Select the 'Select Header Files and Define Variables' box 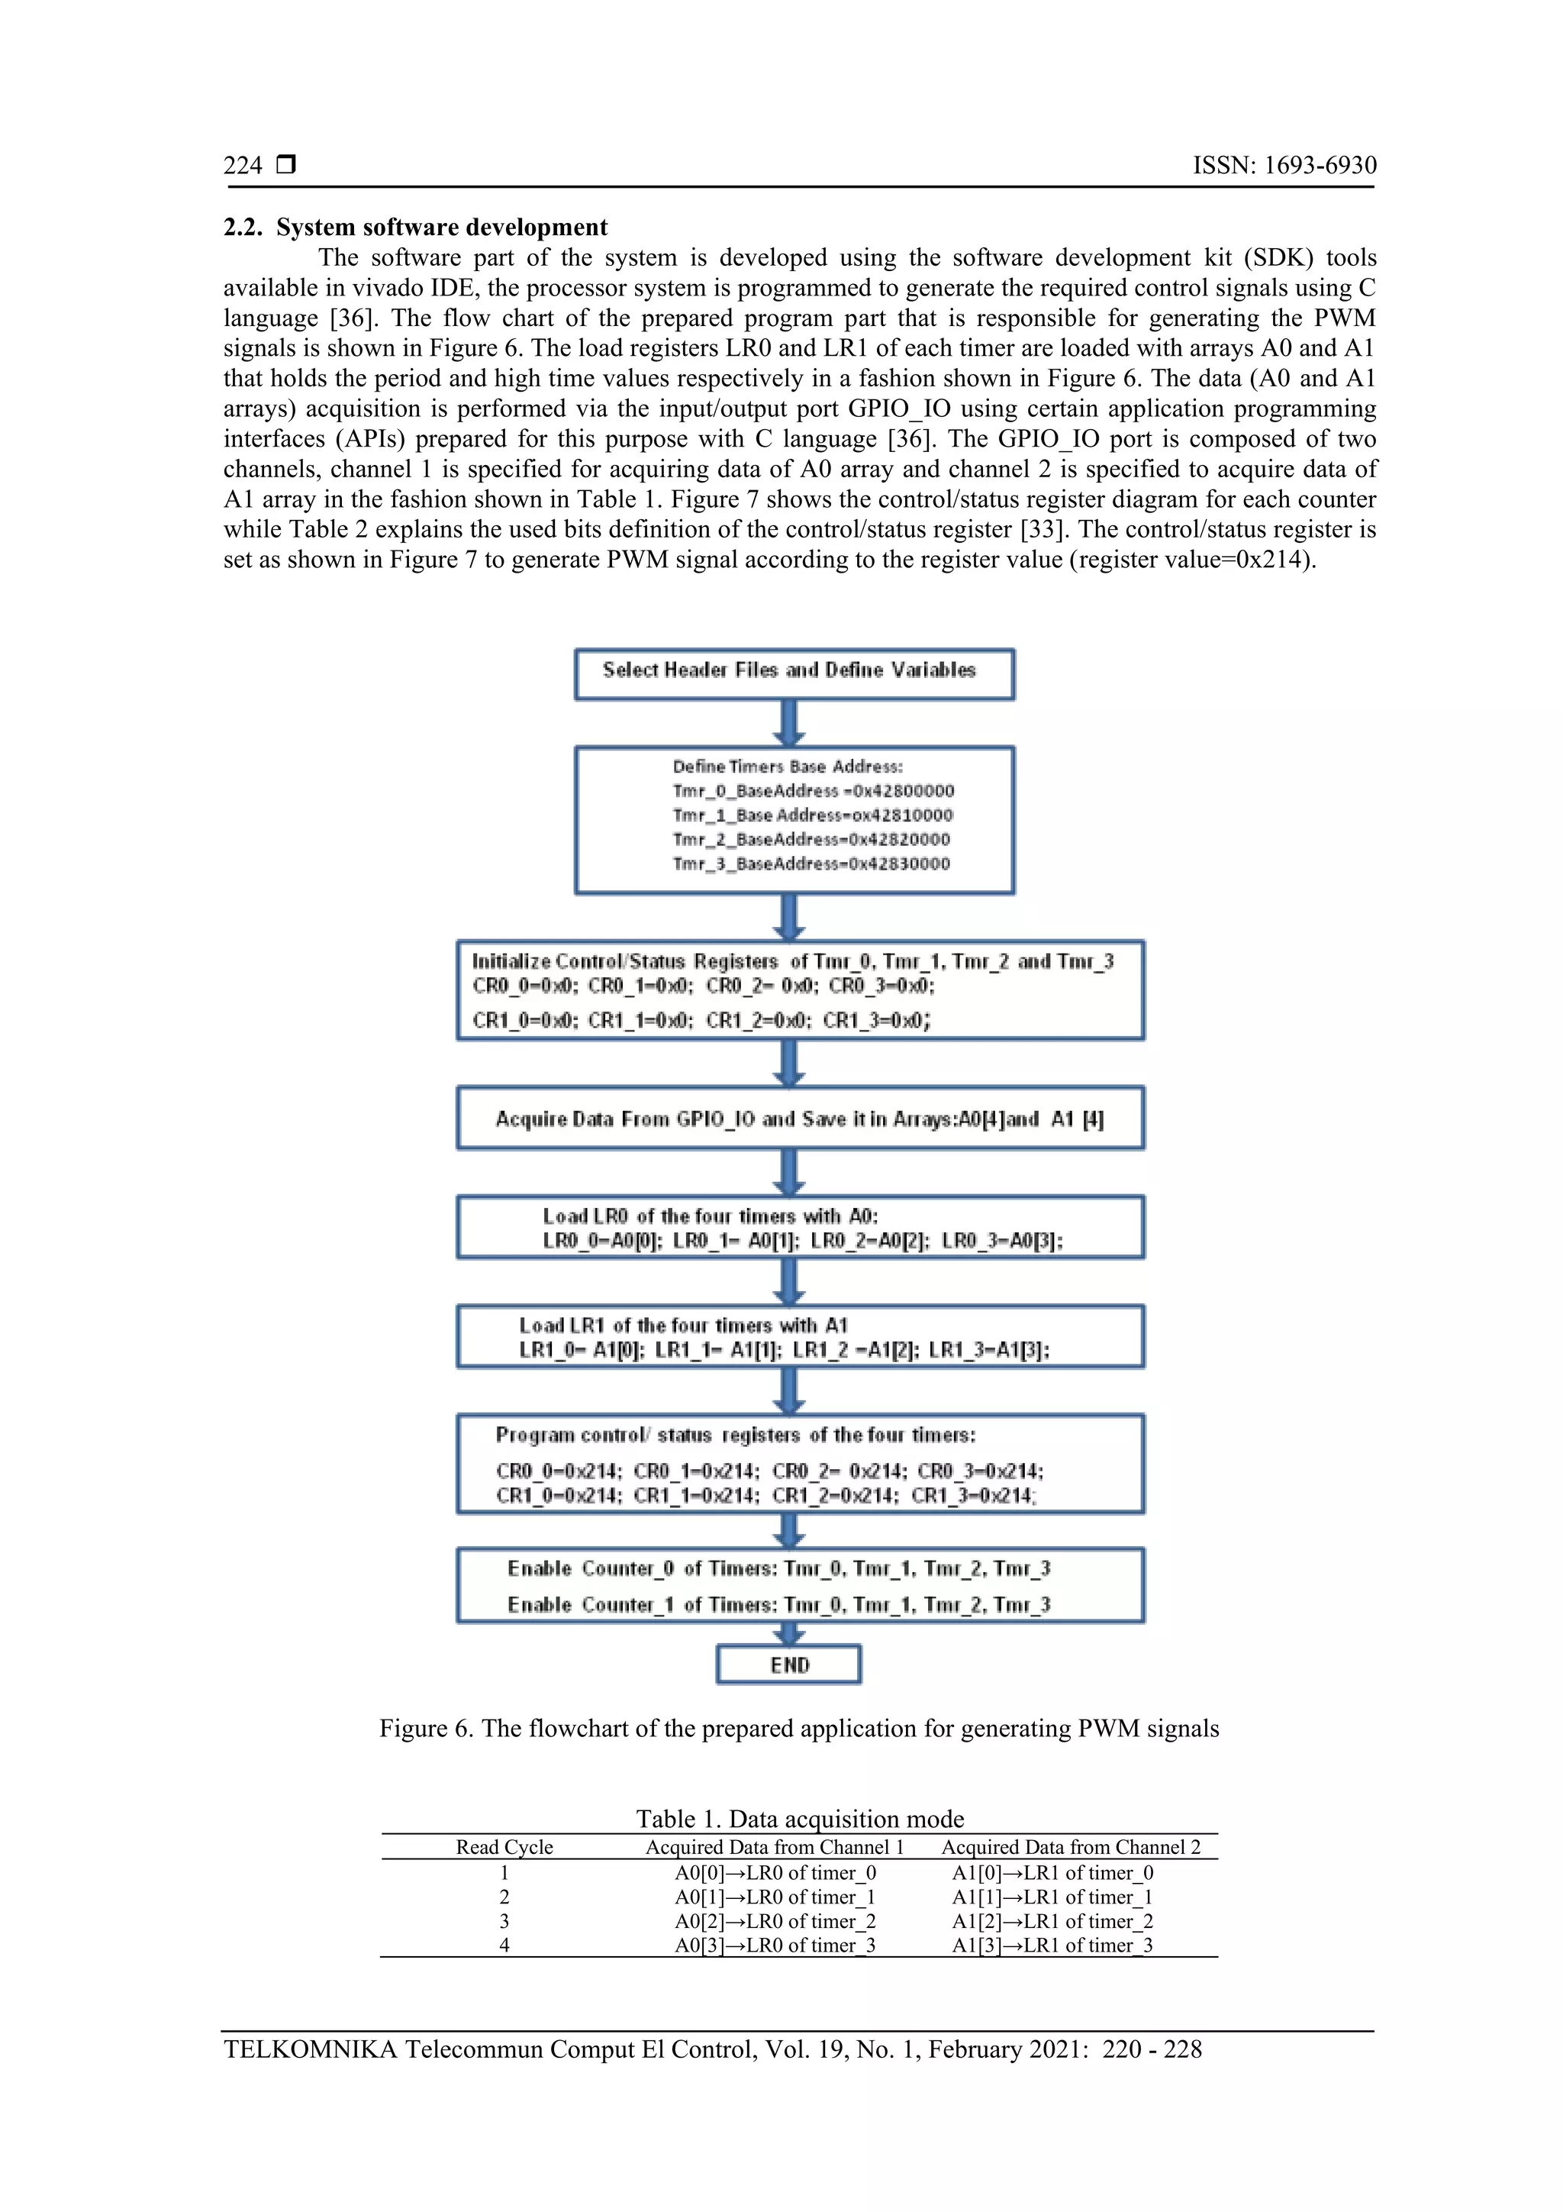click(x=794, y=673)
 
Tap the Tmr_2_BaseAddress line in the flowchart click(x=811, y=840)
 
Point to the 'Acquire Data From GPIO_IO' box click(x=801, y=1119)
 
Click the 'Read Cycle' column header click(x=504, y=1847)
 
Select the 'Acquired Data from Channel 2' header click(x=1070, y=1847)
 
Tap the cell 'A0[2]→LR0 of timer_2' click(x=775, y=1921)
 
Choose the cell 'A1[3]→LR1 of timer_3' click(x=1052, y=1945)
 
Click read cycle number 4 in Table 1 click(x=504, y=1945)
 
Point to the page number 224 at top click(x=243, y=166)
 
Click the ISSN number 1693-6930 click(x=1320, y=166)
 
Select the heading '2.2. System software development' click(x=415, y=228)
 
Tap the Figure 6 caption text click(x=798, y=1729)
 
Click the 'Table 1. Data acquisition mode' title click(x=799, y=1819)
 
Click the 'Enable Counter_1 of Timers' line click(x=778, y=1605)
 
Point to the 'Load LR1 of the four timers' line click(x=683, y=1326)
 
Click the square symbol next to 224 click(x=285, y=166)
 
